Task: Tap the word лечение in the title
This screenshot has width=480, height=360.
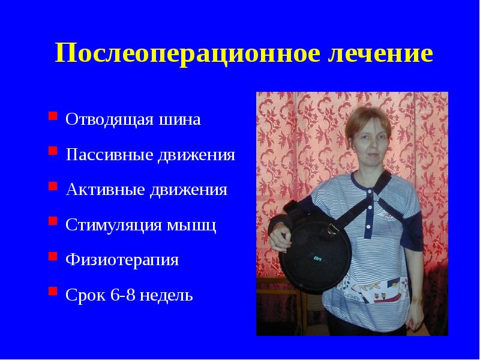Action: click(380, 54)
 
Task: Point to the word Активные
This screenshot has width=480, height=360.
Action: click(106, 190)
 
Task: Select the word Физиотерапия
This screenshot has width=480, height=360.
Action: click(122, 260)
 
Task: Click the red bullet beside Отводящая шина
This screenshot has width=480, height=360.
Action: click(53, 116)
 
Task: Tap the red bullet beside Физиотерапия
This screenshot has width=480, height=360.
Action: click(53, 257)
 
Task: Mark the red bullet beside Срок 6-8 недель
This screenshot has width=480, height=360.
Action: click(53, 292)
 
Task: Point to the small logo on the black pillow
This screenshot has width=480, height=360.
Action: click(317, 259)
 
